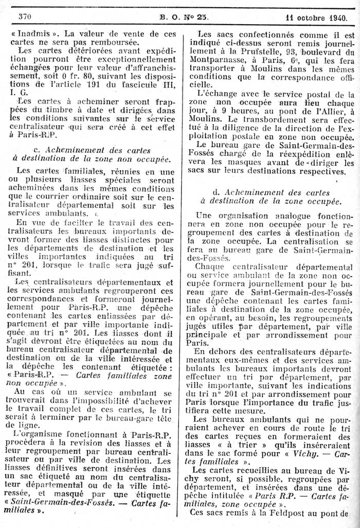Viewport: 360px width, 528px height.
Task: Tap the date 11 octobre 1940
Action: [x=318, y=15]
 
